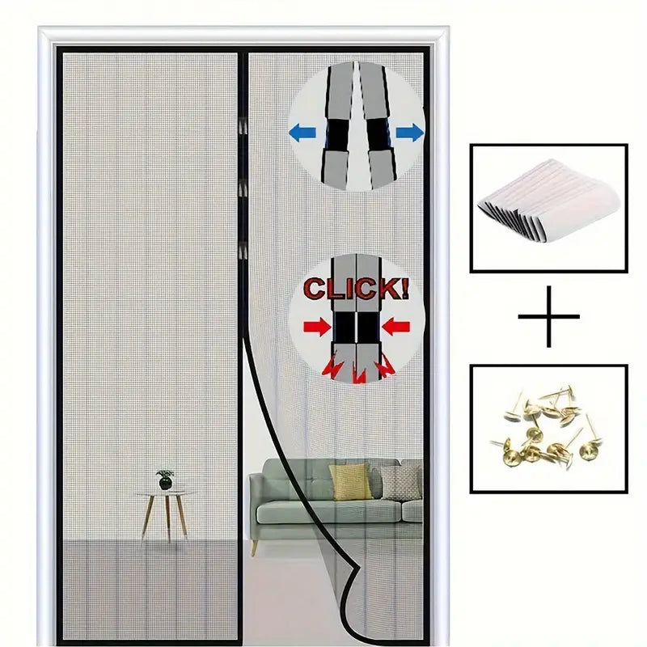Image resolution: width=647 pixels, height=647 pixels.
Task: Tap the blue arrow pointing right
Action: (409, 132)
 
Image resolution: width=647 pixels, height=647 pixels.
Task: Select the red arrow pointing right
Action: (317, 328)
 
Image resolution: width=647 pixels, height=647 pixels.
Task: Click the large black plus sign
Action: (549, 316)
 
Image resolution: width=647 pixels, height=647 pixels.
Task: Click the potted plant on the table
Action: (165, 479)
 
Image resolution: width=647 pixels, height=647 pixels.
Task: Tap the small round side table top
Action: (165, 492)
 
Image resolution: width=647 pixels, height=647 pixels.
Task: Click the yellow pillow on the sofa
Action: (350, 482)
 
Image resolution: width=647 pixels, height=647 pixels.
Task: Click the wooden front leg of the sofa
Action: (254, 548)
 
